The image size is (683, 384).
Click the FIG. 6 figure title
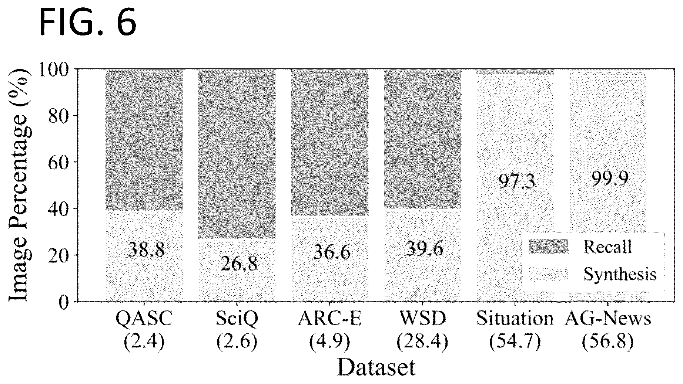tap(88, 23)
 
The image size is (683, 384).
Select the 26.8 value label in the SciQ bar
tap(239, 264)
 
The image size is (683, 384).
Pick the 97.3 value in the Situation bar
tap(516, 181)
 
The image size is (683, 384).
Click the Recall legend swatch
tap(548, 247)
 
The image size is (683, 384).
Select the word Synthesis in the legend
tap(620, 274)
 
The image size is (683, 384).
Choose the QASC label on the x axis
tap(144, 319)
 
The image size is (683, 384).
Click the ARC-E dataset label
tap(329, 319)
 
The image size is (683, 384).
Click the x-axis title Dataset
tap(376, 367)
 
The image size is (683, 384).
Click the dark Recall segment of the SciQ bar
tap(237, 154)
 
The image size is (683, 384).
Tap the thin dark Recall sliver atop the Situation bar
tap(515, 72)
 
